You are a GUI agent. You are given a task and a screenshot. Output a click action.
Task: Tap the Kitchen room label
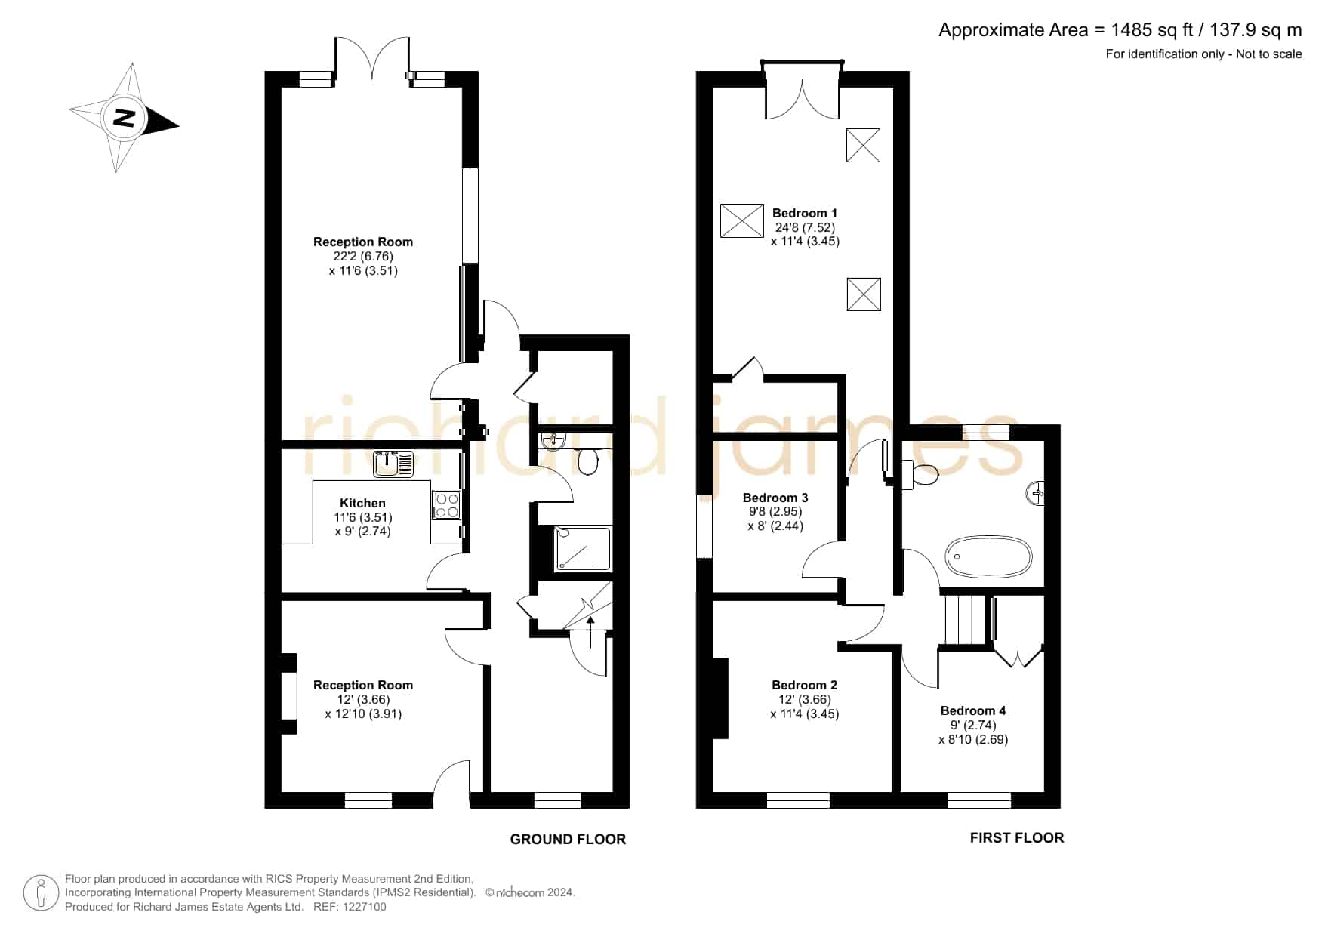(362, 503)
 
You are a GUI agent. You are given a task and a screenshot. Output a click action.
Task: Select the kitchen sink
(393, 464)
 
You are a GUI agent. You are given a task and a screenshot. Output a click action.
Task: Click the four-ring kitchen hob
(445, 505)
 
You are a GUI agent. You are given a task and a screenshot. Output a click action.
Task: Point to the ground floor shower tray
(583, 548)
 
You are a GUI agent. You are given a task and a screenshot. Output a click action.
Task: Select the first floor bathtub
(988, 557)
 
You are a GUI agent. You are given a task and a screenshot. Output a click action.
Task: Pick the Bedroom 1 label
(804, 213)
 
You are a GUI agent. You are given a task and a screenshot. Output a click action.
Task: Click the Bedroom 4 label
(972, 710)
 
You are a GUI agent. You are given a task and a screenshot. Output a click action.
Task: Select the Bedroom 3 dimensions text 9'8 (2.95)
(775, 512)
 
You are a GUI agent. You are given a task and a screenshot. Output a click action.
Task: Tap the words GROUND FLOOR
(568, 839)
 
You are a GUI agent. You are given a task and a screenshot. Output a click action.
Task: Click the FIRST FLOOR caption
(1017, 837)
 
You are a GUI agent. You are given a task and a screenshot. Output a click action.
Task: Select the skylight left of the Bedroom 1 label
(742, 220)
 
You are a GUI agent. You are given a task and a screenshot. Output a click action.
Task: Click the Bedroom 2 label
(804, 685)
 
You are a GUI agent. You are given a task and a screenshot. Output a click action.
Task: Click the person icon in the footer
(41, 893)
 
